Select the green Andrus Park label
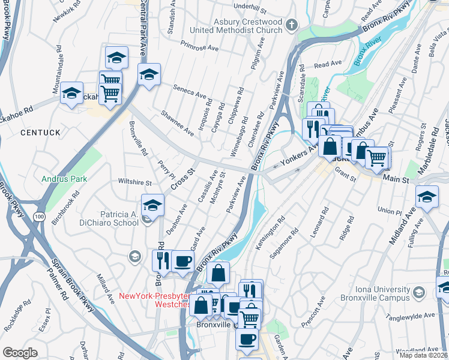pyautogui.click(x=64, y=179)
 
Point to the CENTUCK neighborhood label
pyautogui.click(x=40, y=131)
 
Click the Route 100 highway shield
pyautogui.click(x=40, y=217)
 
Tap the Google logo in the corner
pyautogui.click(x=20, y=353)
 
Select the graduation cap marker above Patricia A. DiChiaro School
pyautogui.click(x=152, y=205)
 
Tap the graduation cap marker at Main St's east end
pyautogui.click(x=427, y=197)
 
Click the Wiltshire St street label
pyautogui.click(x=134, y=182)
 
